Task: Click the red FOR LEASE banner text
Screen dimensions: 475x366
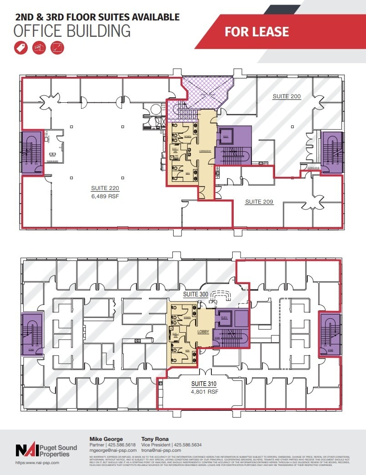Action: [x=256, y=31]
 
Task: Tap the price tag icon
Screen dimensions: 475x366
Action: [x=21, y=48]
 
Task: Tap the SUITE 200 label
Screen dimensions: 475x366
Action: [x=286, y=96]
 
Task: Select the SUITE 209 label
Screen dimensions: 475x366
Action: [x=259, y=201]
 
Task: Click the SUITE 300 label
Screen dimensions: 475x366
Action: [x=196, y=294]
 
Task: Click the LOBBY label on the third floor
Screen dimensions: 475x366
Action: [x=203, y=332]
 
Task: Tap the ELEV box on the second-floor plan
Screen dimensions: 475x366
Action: [x=226, y=136]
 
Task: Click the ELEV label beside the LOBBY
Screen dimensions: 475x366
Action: [x=223, y=318]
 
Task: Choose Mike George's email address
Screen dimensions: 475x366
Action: [x=114, y=450]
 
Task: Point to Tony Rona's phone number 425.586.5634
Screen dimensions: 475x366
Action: [x=196, y=445]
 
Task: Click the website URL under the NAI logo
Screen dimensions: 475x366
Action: [x=37, y=462]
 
